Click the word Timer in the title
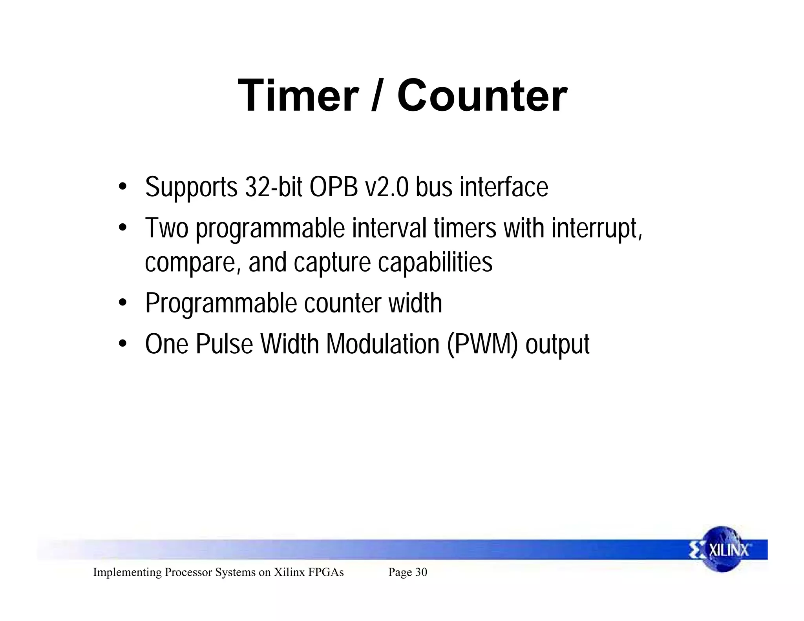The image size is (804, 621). tap(298, 96)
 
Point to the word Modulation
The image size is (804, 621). tap(383, 344)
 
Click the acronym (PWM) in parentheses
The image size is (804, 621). tap(482, 344)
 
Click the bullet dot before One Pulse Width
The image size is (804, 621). tap(123, 344)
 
